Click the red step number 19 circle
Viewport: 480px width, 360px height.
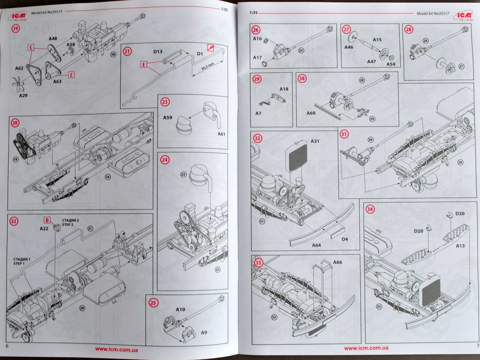tap(16, 28)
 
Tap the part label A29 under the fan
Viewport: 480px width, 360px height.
tap(23, 96)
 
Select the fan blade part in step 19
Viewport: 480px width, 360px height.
tap(18, 84)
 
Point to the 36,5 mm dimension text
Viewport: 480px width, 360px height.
tap(207, 67)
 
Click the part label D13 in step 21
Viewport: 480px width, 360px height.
tap(158, 51)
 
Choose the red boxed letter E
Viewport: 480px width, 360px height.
tap(144, 65)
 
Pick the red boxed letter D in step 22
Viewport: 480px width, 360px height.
tap(47, 220)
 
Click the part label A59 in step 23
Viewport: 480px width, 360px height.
tap(168, 118)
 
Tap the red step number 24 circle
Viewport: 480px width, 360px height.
tap(165, 160)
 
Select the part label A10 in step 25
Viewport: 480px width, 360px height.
tap(180, 309)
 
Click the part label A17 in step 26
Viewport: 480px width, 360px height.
tap(258, 58)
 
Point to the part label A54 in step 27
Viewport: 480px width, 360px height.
tap(391, 64)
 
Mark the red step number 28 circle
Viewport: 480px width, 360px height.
tap(409, 30)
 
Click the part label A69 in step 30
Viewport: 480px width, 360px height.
tap(311, 113)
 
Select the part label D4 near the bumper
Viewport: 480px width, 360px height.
tap(345, 239)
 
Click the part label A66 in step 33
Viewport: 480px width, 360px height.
tap(338, 262)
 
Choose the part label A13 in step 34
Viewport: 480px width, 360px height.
tap(460, 246)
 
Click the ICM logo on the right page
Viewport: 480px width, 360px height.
tap(464, 15)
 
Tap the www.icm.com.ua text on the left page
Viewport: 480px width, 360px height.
tap(116, 349)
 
